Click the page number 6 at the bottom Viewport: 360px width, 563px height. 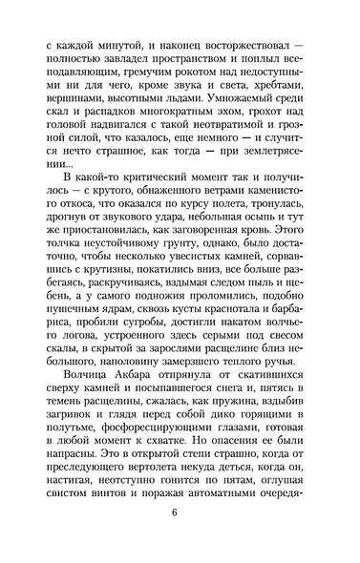(176, 540)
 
